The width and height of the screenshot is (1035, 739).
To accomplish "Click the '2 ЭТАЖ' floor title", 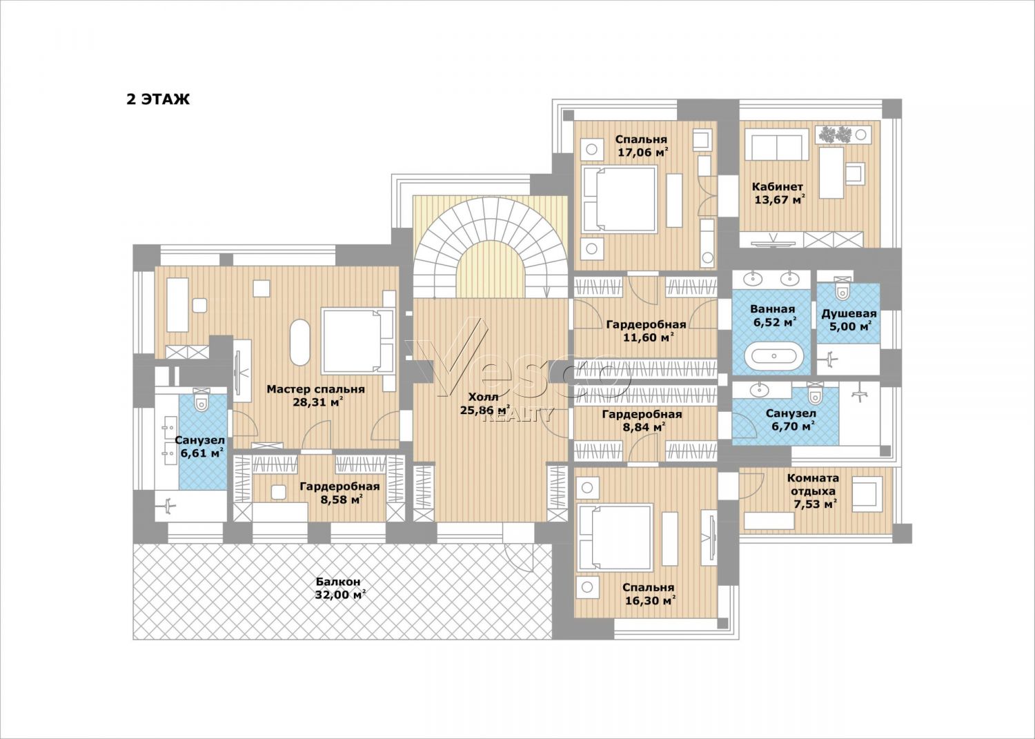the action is pyautogui.click(x=158, y=99).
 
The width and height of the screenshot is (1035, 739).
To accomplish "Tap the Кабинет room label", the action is pyautogui.click(x=777, y=187).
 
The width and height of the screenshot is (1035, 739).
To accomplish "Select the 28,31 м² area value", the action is pyautogui.click(x=318, y=402).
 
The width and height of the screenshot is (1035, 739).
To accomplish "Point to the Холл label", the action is pyautogui.click(x=483, y=397).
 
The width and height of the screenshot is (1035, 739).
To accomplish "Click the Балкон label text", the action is pyautogui.click(x=338, y=582).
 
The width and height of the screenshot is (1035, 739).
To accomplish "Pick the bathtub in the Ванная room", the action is pyautogui.click(x=773, y=357).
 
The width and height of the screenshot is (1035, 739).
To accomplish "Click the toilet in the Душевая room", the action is pyautogui.click(x=843, y=289).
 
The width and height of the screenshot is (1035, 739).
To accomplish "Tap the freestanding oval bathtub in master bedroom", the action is pyautogui.click(x=300, y=342).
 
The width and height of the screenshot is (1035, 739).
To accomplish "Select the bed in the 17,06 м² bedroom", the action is pyautogui.click(x=620, y=199).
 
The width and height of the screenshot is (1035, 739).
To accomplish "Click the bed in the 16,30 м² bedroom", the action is pyautogui.click(x=615, y=537).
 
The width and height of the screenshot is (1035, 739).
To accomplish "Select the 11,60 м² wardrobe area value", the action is pyautogui.click(x=646, y=337).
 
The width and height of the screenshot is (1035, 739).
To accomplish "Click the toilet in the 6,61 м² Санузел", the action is pyautogui.click(x=201, y=400).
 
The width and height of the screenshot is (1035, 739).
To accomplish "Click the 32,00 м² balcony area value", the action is pyautogui.click(x=339, y=595).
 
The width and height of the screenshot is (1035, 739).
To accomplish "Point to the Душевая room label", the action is pyautogui.click(x=849, y=314).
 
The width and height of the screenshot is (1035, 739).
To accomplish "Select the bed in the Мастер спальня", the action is pyautogui.click(x=359, y=341).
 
